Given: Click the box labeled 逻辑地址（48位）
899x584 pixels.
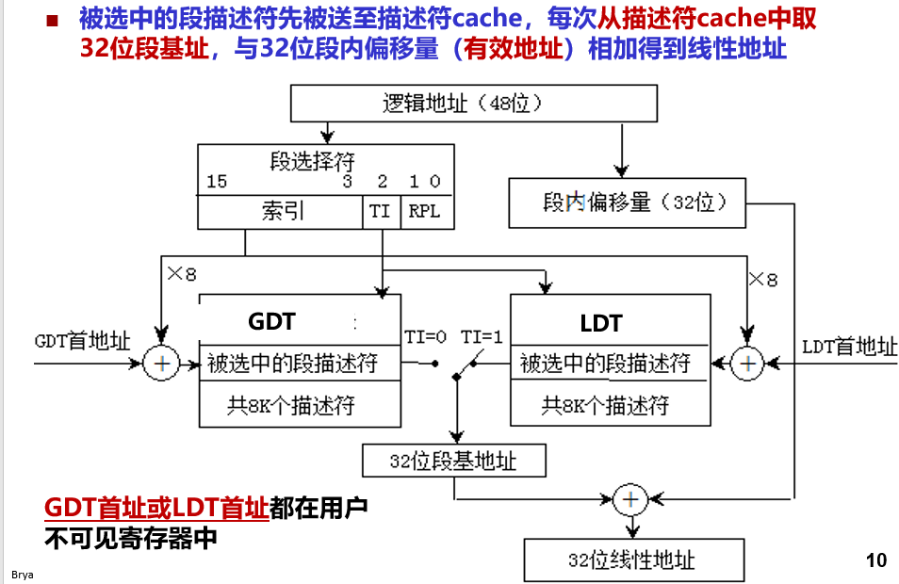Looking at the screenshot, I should (474, 104).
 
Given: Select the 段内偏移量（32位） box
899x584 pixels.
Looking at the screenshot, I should (627, 203).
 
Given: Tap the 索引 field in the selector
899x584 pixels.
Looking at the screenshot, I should (282, 212).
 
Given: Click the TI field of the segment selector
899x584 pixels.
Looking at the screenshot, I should (381, 212).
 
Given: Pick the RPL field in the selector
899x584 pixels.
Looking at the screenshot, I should (424, 212).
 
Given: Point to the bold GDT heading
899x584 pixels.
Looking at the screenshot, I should (271, 322).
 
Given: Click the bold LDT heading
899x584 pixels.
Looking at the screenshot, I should (601, 324).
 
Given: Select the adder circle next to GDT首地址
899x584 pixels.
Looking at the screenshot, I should (161, 363).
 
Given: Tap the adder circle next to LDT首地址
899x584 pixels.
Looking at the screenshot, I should (749, 363).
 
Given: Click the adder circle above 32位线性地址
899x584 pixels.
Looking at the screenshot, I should (629, 498).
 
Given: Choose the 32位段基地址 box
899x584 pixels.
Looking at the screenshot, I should (453, 461).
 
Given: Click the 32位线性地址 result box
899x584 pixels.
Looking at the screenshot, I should (633, 560).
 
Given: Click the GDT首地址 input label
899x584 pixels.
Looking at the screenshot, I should (82, 341).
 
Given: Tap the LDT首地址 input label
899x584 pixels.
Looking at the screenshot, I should (849, 347).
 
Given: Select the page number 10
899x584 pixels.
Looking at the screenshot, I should (875, 560).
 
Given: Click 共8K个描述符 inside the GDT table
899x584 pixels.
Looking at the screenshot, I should (291, 406).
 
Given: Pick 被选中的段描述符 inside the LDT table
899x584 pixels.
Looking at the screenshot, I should (605, 364).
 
